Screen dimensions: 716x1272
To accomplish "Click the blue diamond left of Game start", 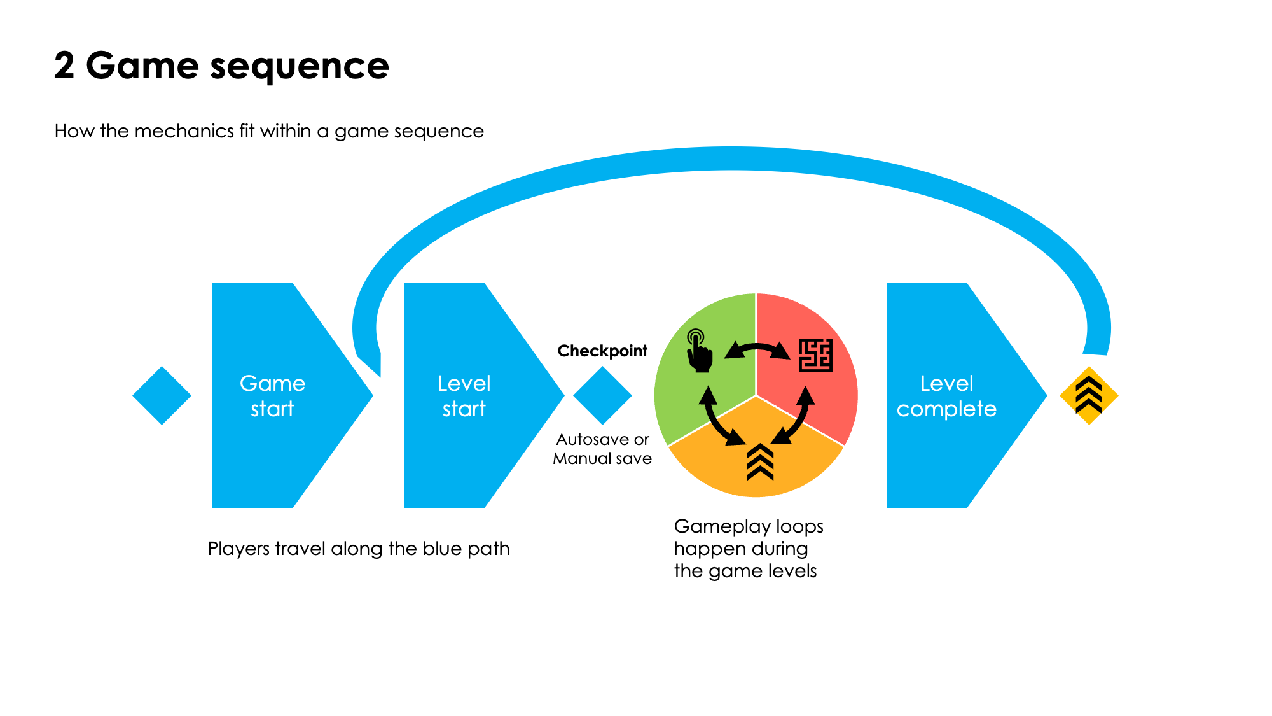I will coord(162,395).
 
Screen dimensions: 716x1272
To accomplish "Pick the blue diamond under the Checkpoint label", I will coord(602,395).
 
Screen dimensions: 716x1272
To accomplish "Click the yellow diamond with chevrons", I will coord(1089,395).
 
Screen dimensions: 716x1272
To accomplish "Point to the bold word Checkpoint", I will coord(602,351).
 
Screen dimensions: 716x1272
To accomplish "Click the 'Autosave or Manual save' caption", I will coord(602,449).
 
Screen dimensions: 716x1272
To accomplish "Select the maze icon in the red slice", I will coord(815,355).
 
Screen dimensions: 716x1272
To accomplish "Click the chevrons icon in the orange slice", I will coord(760,462).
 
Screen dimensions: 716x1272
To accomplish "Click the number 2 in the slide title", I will coord(64,66).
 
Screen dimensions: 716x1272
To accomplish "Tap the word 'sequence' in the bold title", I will coord(299,66).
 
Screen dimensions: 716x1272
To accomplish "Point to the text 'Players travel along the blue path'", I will coord(359,549).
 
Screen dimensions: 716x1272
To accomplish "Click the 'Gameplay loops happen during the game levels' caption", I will coord(748,549).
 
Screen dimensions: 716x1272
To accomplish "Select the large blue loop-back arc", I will coord(731,159).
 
